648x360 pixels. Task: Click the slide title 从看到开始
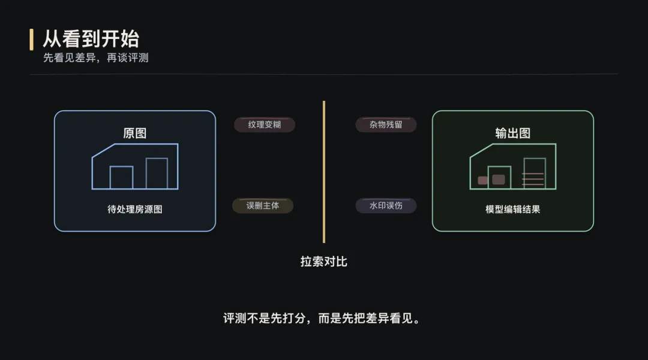click(91, 39)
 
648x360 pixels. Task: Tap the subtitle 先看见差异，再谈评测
click(95, 58)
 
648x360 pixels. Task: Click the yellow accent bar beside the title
click(31, 39)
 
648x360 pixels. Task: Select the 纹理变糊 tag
click(265, 125)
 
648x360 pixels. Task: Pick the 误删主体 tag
click(263, 205)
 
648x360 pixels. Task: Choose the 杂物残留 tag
click(386, 125)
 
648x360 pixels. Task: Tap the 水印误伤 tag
click(386, 206)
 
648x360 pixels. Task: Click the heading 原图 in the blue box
click(135, 133)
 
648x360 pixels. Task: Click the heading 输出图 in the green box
click(513, 133)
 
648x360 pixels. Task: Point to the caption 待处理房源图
click(135, 209)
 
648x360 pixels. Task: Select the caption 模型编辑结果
click(513, 209)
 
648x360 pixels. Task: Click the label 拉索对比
click(324, 262)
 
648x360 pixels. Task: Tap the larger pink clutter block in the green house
click(499, 179)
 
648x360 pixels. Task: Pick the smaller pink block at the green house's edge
click(482, 181)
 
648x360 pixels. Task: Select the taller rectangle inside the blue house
click(157, 173)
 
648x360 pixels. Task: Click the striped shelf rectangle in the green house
click(535, 173)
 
